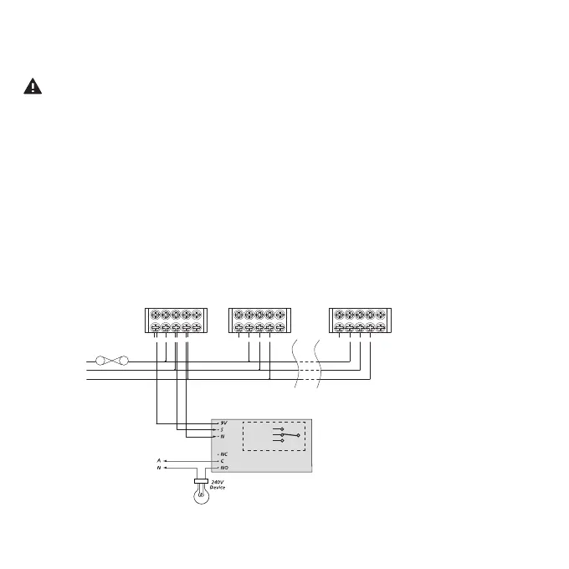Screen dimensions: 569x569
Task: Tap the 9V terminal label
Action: point(223,423)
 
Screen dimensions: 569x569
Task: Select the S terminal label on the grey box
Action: point(222,429)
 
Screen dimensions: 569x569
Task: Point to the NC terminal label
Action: point(223,454)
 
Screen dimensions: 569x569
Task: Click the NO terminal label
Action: point(223,468)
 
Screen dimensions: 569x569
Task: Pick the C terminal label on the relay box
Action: point(222,460)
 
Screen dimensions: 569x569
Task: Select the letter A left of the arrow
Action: point(158,460)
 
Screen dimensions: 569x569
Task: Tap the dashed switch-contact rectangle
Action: point(273,436)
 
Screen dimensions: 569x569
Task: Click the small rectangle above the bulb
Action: point(201,481)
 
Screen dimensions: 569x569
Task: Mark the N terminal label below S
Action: point(222,437)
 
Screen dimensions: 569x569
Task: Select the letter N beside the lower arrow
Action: point(158,468)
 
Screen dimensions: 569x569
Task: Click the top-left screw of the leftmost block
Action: point(156,315)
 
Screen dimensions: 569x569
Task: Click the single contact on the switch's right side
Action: point(298,436)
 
